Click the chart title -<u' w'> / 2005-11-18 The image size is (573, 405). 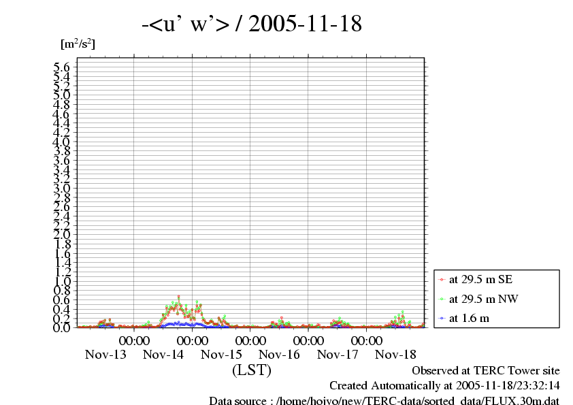(251, 25)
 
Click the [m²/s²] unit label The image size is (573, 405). (78, 45)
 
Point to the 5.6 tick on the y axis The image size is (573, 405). (62, 67)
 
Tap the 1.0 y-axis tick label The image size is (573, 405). (62, 281)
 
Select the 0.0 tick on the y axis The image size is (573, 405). (62, 327)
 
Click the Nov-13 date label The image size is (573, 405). (105, 355)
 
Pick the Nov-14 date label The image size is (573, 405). (164, 355)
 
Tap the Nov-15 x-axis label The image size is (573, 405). (222, 355)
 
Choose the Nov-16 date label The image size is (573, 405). (280, 355)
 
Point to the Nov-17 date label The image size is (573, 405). (338, 355)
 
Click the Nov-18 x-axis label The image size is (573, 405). (396, 355)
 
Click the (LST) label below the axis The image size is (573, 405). (251, 370)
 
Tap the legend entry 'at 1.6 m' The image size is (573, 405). (469, 318)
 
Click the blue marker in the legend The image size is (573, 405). (442, 318)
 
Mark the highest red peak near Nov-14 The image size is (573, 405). (178, 296)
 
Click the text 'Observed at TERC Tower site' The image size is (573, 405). (486, 371)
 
